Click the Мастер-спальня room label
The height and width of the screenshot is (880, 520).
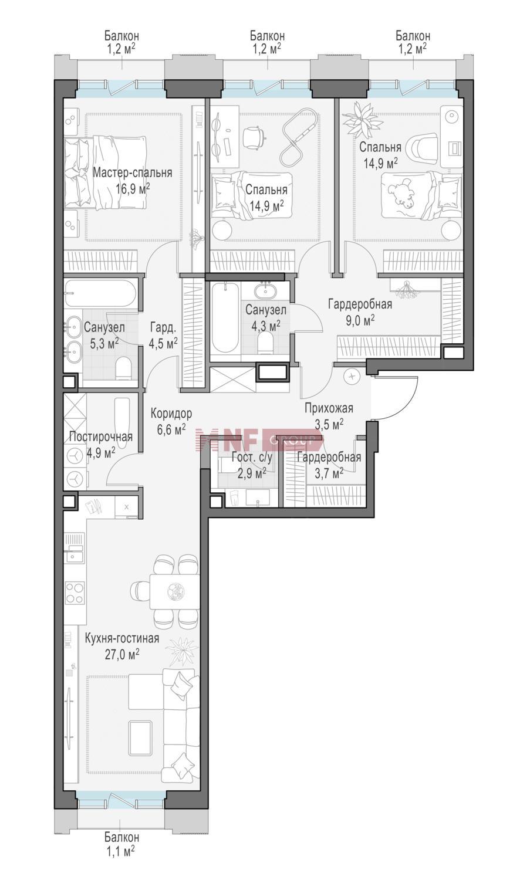coord(133,173)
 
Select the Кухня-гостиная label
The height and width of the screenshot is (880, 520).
coord(122,638)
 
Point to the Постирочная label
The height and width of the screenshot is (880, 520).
coord(100,436)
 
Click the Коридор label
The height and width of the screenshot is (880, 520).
coord(171,413)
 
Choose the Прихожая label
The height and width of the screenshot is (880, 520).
coord(329,408)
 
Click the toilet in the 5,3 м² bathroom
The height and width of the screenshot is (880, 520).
coord(123,368)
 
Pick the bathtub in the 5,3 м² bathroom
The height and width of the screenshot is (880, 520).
coord(100,293)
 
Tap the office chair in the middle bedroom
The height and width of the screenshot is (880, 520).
coord(254,137)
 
